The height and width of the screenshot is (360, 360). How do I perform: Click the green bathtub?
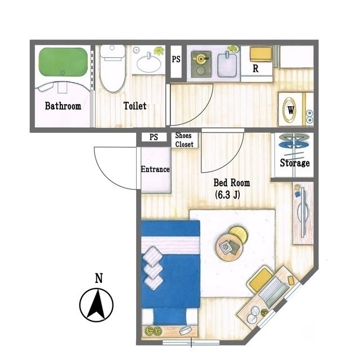tap(63, 62)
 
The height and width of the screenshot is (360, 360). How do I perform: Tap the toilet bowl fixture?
tap(112, 69)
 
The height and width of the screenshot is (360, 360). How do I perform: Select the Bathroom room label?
tap(63, 106)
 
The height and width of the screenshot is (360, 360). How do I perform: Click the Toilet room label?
tap(135, 106)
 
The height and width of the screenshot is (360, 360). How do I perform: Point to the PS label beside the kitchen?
tap(176, 59)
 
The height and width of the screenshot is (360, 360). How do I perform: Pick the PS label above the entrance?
tap(154, 137)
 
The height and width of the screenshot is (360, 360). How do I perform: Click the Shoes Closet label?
tap(184, 140)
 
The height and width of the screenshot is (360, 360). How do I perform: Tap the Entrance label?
tap(155, 169)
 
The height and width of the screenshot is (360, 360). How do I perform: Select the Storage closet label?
tap(295, 163)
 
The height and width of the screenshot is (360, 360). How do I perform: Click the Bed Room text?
tap(232, 183)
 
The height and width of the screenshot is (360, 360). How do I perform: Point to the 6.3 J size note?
tap(227, 195)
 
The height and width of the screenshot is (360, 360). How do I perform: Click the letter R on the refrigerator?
tap(255, 69)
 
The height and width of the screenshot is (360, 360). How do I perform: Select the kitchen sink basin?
tap(227, 65)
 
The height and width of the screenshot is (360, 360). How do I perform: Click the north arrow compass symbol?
tap(96, 305)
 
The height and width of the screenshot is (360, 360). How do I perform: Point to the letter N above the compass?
tap(99, 278)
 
